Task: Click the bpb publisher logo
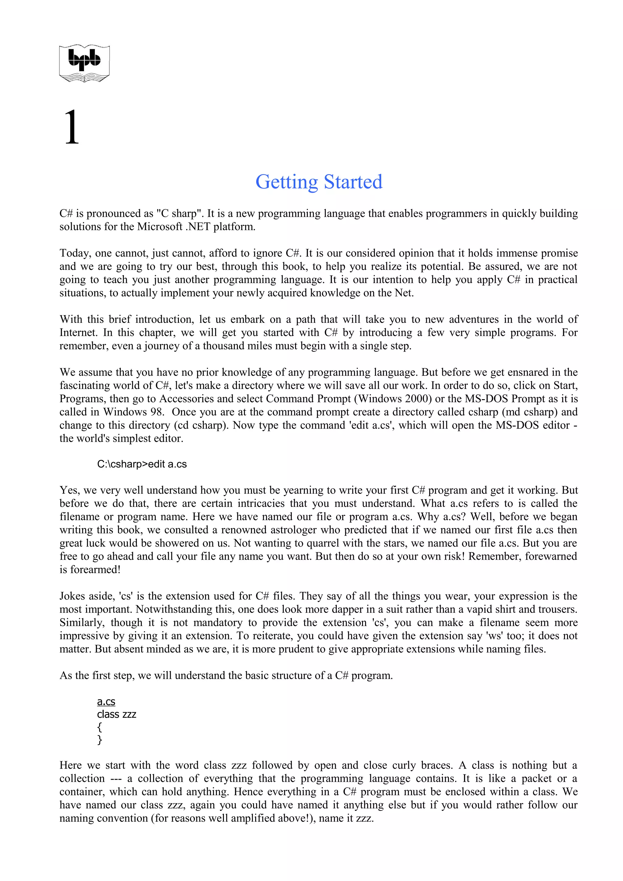[x=85, y=63]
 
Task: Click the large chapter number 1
[x=72, y=127]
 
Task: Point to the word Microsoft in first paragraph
[x=159, y=227]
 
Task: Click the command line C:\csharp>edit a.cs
[x=142, y=464]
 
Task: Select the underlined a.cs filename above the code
[x=106, y=702]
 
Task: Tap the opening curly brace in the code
[x=99, y=727]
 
